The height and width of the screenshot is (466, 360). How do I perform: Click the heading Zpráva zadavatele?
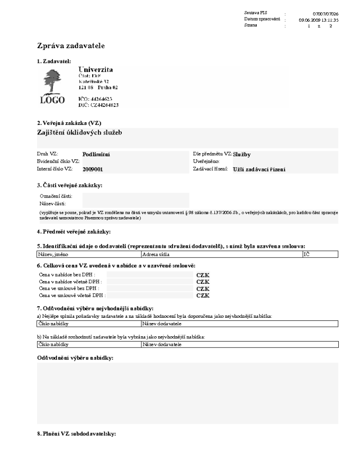71,46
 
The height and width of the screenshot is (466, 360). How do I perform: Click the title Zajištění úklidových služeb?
79,132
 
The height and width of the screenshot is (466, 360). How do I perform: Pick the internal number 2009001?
93,169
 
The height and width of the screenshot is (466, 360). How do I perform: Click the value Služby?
241,155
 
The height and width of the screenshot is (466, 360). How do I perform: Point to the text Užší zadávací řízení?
259,169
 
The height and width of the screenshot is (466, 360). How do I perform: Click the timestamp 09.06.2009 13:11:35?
319,20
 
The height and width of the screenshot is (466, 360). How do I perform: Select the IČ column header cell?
307,255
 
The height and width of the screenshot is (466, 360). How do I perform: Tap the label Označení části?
56,196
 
